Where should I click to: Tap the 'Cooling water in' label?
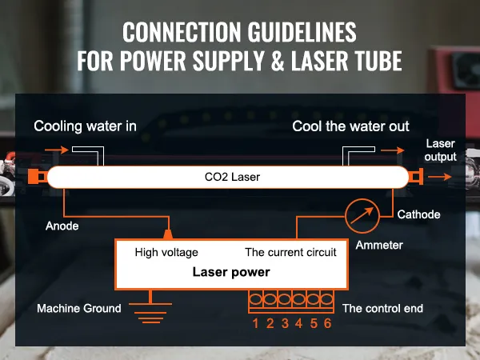[x=85, y=126]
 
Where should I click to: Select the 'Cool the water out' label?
[x=350, y=126]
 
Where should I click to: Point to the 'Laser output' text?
[x=441, y=150]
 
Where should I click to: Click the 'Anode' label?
[x=62, y=226]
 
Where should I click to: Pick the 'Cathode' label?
[x=419, y=214]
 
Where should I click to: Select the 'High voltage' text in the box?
[x=167, y=252]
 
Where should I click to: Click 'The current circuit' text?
[x=290, y=252]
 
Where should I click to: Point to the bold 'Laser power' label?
[x=231, y=272]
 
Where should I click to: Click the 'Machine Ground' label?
[x=79, y=308]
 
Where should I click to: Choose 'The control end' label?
[x=382, y=308]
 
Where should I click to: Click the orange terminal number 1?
[x=255, y=324]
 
